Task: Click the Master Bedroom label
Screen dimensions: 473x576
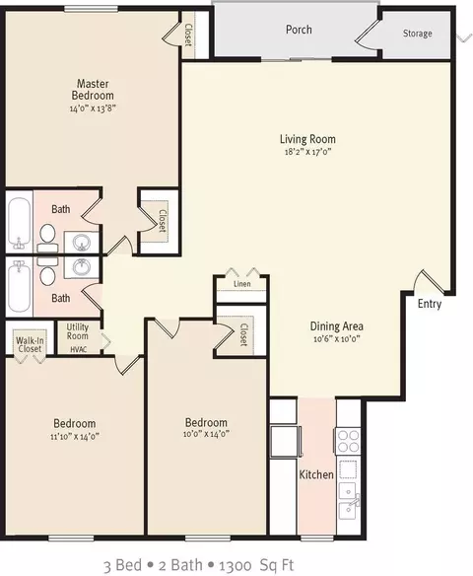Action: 93,90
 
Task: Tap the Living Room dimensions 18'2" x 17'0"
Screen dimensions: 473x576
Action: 307,152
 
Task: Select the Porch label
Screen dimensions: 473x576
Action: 299,30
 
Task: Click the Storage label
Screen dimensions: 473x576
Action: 417,34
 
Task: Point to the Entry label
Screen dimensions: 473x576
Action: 430,304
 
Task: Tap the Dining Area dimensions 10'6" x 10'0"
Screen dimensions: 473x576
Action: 336,338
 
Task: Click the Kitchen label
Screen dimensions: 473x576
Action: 316,474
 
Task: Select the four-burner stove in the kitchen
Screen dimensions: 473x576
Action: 348,442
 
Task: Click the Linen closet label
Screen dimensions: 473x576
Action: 242,284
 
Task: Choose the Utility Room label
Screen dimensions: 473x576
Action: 78,331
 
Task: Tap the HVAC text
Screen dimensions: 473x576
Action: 78,349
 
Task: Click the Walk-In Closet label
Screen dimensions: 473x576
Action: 30,345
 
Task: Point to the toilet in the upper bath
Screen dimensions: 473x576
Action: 47,238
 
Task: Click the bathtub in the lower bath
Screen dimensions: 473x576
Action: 19,286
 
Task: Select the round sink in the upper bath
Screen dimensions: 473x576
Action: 82,243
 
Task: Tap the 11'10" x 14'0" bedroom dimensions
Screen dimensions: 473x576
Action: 75,437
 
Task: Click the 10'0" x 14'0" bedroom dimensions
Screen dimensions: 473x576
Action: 206,434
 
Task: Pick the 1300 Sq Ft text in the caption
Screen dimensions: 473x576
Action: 256,565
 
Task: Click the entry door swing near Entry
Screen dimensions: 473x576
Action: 429,282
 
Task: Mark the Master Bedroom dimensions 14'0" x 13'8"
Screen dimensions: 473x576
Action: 93,108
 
